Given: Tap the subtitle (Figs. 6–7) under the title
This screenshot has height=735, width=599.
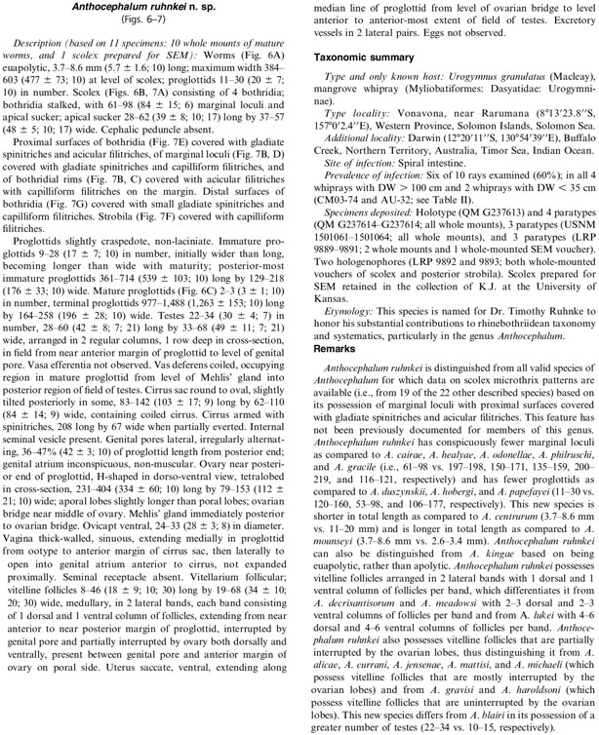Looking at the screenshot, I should [x=149, y=24].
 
